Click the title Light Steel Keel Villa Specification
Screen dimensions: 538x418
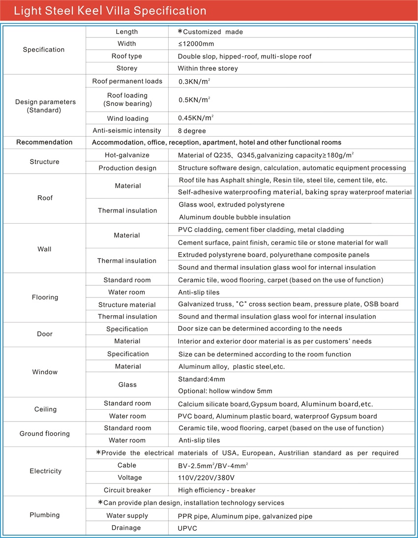[110, 11]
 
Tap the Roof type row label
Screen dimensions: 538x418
[127, 56]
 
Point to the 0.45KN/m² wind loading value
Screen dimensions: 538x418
[196, 118]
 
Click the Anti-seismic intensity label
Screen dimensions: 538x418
[127, 130]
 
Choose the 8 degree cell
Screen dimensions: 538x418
[192, 131]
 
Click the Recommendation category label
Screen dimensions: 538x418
[44, 142]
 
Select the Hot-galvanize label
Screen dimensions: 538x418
[127, 155]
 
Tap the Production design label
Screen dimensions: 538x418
[127, 168]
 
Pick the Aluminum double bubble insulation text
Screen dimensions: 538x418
[235, 217]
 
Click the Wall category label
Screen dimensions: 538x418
[44, 249]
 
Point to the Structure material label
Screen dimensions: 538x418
[127, 304]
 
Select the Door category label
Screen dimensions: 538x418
[44, 334]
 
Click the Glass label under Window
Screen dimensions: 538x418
[127, 385]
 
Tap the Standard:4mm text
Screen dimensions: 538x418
[201, 379]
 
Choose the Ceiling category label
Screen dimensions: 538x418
[45, 409]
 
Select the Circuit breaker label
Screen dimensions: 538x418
[127, 490]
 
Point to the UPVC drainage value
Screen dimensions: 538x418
[187, 528]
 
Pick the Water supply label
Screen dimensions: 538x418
[127, 516]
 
